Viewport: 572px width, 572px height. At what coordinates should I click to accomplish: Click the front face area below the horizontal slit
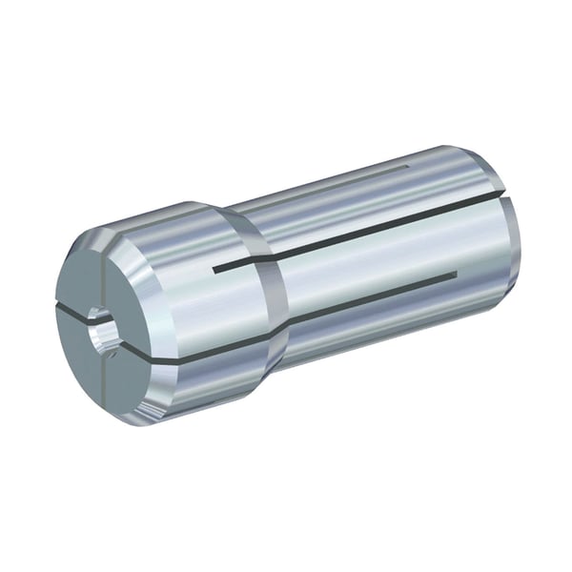tap(95, 367)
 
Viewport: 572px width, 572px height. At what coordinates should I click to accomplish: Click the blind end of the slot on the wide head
tap(215, 270)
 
